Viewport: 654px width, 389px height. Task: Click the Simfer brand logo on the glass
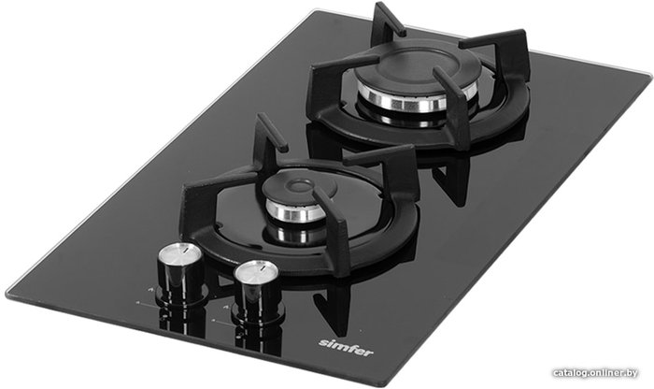346,348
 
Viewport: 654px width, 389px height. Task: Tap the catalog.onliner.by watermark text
595,373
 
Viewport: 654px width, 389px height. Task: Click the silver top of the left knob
179,252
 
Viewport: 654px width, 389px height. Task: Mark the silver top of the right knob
256,270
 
